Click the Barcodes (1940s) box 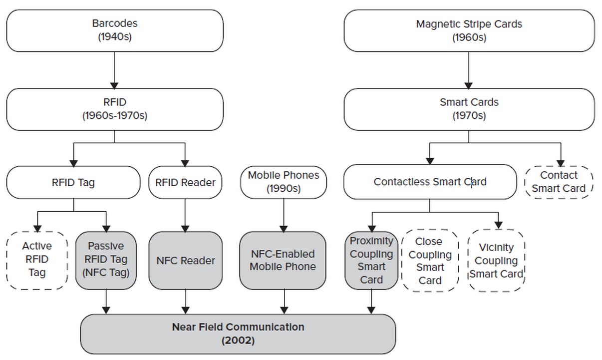(x=115, y=30)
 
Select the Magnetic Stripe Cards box (x=469, y=30)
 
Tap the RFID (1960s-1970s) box (x=115, y=109)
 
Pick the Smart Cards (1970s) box (x=469, y=109)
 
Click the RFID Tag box (x=73, y=182)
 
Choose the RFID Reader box (x=185, y=182)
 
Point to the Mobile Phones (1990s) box (x=284, y=182)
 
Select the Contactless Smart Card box (x=430, y=182)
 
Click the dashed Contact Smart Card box (x=559, y=182)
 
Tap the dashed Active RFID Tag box (x=37, y=260)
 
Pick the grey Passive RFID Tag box (x=106, y=260)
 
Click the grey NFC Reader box (x=186, y=261)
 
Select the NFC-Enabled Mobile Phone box (x=283, y=261)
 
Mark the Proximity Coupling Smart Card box (x=371, y=260)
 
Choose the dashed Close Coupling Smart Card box (x=430, y=261)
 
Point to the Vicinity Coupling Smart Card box (x=496, y=261)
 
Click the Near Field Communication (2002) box (x=238, y=334)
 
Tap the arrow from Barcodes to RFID (x=114, y=70)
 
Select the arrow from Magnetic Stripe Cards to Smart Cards (x=469, y=70)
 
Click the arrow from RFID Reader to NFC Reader (x=185, y=215)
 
